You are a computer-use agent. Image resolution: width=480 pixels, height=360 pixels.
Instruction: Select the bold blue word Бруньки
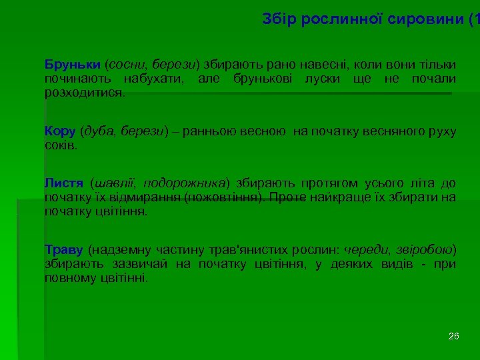pyautogui.click(x=73, y=65)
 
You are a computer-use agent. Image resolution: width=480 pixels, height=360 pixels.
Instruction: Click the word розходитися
pyautogui.click(x=84, y=93)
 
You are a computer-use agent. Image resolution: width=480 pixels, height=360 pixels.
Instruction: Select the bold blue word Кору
pyautogui.click(x=60, y=131)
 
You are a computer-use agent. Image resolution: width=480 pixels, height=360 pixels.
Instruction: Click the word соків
pyautogui.click(x=61, y=145)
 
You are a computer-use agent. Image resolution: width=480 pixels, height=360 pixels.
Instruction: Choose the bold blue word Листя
pyautogui.click(x=63, y=183)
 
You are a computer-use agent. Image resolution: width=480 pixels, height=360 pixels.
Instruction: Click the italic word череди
pyautogui.click(x=364, y=250)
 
